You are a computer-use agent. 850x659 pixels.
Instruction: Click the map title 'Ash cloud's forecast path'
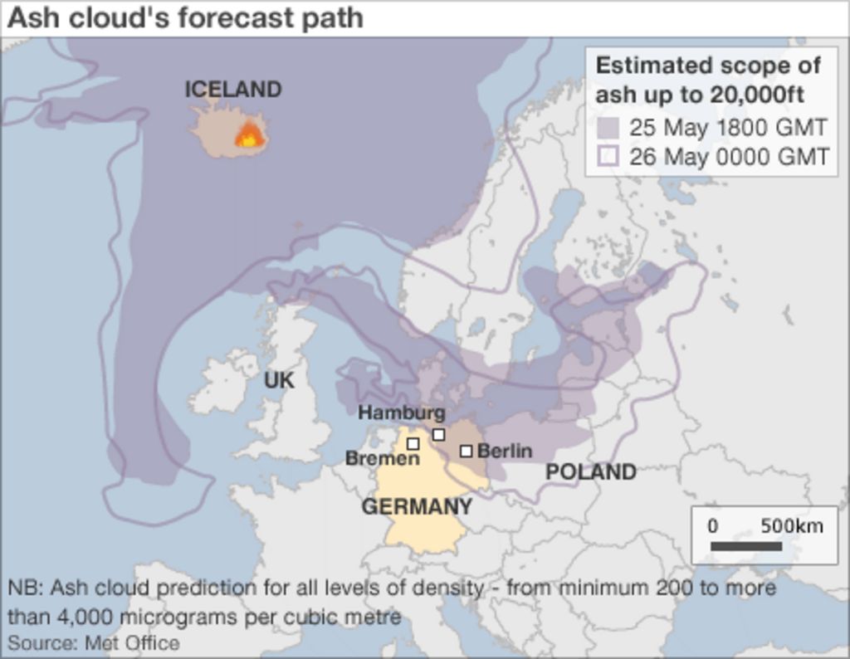point(184,18)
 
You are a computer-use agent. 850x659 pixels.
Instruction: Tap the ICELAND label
point(232,90)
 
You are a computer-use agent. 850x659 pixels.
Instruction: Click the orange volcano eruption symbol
point(249,135)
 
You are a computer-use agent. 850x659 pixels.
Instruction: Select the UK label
point(279,381)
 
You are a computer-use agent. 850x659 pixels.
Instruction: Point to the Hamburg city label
point(402,412)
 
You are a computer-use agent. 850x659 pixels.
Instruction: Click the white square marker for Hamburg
point(438,434)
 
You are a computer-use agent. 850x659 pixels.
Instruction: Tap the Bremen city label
point(382,458)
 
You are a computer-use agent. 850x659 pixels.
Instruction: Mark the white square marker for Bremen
point(413,444)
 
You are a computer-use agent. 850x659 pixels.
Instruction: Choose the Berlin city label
point(505,451)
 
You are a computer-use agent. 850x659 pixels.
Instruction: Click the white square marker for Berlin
point(467,451)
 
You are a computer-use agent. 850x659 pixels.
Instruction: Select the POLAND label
point(590,472)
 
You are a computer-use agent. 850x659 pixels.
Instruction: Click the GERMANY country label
point(417,506)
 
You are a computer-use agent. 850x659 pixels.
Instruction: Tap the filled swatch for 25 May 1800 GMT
point(608,128)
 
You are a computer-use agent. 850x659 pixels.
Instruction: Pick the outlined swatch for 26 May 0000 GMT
point(608,156)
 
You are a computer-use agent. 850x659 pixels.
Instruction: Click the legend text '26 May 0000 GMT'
point(728,156)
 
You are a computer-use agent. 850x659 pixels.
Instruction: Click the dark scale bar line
point(746,546)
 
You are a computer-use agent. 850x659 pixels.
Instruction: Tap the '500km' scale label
point(792,526)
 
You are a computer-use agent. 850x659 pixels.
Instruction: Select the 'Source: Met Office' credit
point(93,642)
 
